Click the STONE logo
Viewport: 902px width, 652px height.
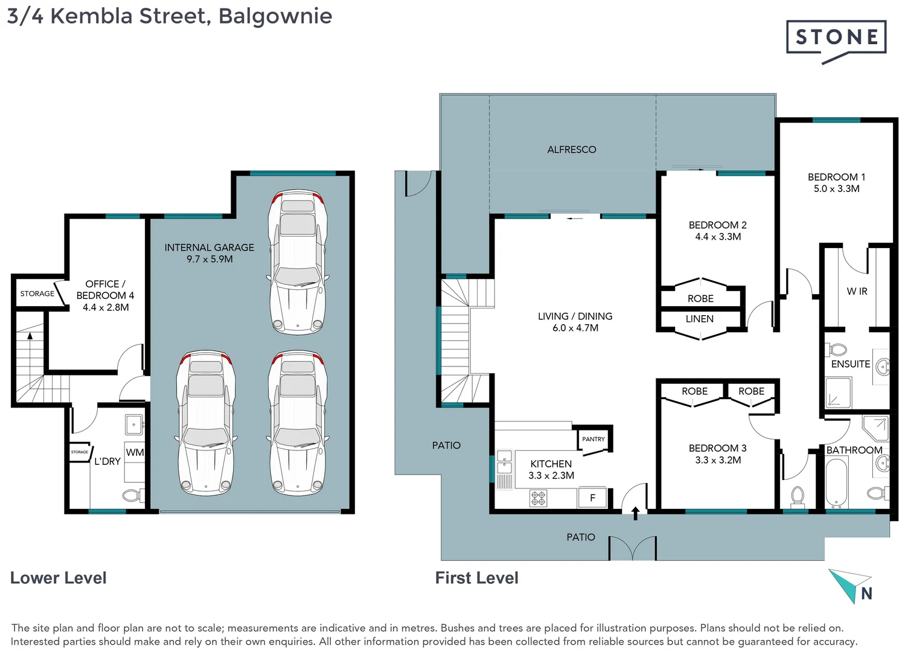(836, 38)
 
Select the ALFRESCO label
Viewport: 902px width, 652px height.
(571, 150)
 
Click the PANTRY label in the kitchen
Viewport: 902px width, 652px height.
(593, 439)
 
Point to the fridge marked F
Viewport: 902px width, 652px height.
(592, 498)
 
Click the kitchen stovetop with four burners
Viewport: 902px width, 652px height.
(538, 498)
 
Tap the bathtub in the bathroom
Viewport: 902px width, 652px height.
(836, 484)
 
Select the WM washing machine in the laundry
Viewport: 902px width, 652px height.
(135, 452)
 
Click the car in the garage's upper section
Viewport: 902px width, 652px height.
(298, 263)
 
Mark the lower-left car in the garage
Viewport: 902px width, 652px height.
(206, 423)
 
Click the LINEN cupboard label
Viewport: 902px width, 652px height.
(699, 319)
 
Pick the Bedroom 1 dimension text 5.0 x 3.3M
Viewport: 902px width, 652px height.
(836, 189)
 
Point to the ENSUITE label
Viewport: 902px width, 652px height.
(850, 364)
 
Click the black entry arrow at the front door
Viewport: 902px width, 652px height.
(635, 513)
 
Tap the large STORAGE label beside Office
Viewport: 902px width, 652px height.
(37, 293)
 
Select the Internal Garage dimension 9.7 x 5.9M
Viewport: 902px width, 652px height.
(210, 259)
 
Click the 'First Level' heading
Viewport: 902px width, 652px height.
(476, 578)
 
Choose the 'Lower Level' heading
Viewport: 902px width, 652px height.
(58, 578)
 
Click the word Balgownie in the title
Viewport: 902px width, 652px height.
(275, 16)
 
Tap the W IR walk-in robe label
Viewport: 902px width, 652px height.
(856, 292)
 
